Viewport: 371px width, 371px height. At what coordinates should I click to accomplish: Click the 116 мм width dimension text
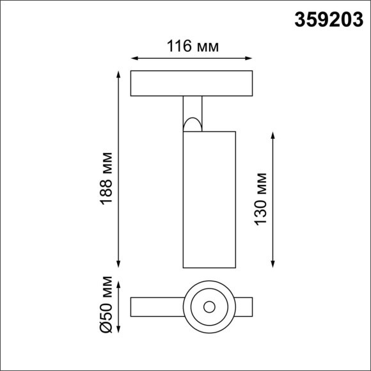point(193,47)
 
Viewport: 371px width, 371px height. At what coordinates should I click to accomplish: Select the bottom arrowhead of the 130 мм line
point(274,264)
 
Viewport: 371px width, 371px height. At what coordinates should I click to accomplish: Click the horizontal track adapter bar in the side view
point(192,83)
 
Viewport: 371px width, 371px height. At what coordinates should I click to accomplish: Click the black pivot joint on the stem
point(192,123)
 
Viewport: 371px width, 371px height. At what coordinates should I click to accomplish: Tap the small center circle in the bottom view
point(209,306)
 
